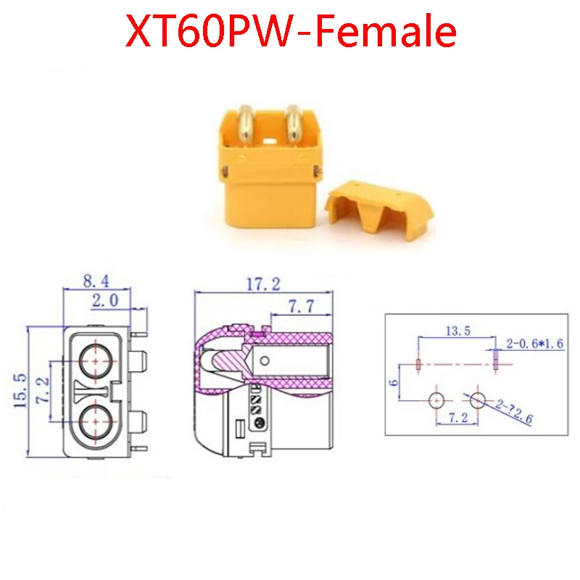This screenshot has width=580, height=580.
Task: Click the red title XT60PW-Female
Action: coord(291,30)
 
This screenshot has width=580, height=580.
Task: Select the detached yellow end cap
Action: coord(379,210)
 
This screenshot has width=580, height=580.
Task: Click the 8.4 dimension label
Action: coord(96,281)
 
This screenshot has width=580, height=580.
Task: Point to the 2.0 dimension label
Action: coord(105,300)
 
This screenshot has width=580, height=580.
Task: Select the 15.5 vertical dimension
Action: coord(20,391)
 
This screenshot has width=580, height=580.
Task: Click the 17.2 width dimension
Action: coord(263,284)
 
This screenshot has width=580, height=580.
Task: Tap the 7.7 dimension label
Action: coord(301,306)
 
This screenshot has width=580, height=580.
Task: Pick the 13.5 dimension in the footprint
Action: coord(458,331)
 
